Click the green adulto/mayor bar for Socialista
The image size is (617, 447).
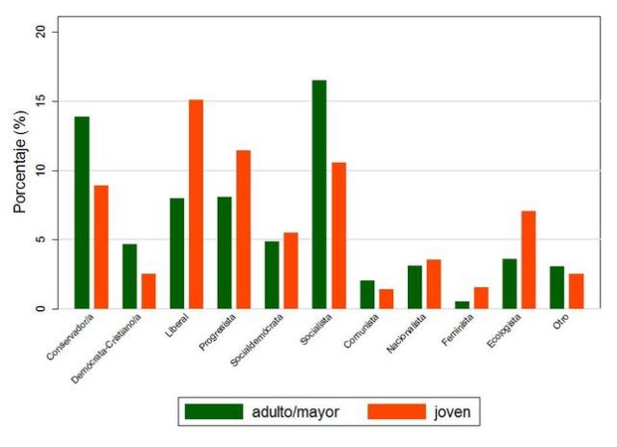tap(319, 195)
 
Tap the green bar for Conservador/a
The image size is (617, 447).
tap(82, 213)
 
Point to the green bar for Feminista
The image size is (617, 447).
tap(462, 305)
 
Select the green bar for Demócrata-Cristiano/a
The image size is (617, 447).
tap(129, 276)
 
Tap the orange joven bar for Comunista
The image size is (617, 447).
tap(386, 300)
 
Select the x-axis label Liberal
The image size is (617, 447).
tap(177, 329)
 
